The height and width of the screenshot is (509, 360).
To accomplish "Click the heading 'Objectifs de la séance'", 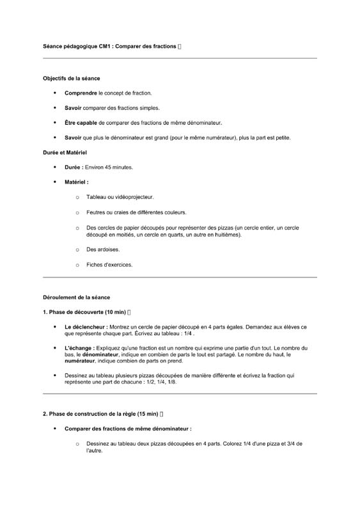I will [x=71, y=78].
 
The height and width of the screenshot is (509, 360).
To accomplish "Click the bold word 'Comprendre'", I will [x=81, y=93].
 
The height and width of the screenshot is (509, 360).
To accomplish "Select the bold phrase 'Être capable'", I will [x=81, y=123].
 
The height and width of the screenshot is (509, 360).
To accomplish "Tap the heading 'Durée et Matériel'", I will [x=65, y=153].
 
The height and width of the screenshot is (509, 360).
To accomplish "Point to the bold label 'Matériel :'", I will [x=77, y=182].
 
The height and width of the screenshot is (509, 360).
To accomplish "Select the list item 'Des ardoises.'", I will [x=103, y=250].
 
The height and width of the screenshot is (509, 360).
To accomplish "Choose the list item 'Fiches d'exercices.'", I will [x=109, y=265].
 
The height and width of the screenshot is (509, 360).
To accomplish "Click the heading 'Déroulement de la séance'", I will [x=76, y=297].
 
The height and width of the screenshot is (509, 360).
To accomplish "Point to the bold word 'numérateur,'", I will [x=84, y=361].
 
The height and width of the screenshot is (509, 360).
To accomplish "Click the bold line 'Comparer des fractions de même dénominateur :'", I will [x=128, y=428].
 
